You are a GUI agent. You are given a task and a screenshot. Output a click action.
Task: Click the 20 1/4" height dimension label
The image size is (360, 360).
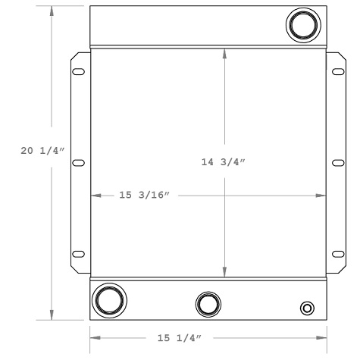[x=42, y=152]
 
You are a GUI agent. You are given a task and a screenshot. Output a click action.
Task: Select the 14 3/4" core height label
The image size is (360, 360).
[x=225, y=162]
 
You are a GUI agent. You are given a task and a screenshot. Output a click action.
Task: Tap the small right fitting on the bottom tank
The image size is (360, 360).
[x=306, y=308]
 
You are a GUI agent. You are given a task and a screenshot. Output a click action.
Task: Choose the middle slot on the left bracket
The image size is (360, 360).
[x=78, y=162]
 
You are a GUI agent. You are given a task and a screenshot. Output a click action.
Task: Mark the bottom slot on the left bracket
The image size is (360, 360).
[x=78, y=253]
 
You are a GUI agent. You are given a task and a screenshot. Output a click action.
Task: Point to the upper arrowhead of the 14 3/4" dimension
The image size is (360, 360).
[x=225, y=53]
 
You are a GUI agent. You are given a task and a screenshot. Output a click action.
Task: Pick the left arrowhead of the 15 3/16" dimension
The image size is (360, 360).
[x=95, y=196]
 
